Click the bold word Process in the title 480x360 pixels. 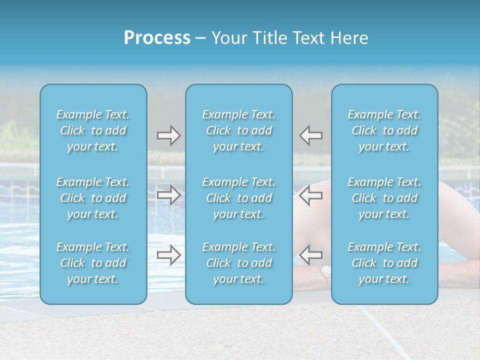coord(157,38)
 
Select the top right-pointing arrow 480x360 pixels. coord(168,135)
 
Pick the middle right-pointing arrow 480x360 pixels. coord(168,195)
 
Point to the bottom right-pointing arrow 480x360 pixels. coord(168,255)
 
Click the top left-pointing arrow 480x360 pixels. coord(310,135)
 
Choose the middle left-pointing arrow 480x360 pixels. coord(310,195)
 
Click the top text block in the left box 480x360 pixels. coord(93,130)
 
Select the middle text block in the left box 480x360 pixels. coord(93,198)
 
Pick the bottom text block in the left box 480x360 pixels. coord(93,263)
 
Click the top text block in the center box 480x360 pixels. coord(239,130)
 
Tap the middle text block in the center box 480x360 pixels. coord(239,198)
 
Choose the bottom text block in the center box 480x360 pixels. coord(239,263)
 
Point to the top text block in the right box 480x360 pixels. coord(384,130)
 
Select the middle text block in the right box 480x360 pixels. coord(384,198)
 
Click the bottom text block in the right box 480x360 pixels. coord(384,263)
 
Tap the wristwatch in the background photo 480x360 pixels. coord(326,274)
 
